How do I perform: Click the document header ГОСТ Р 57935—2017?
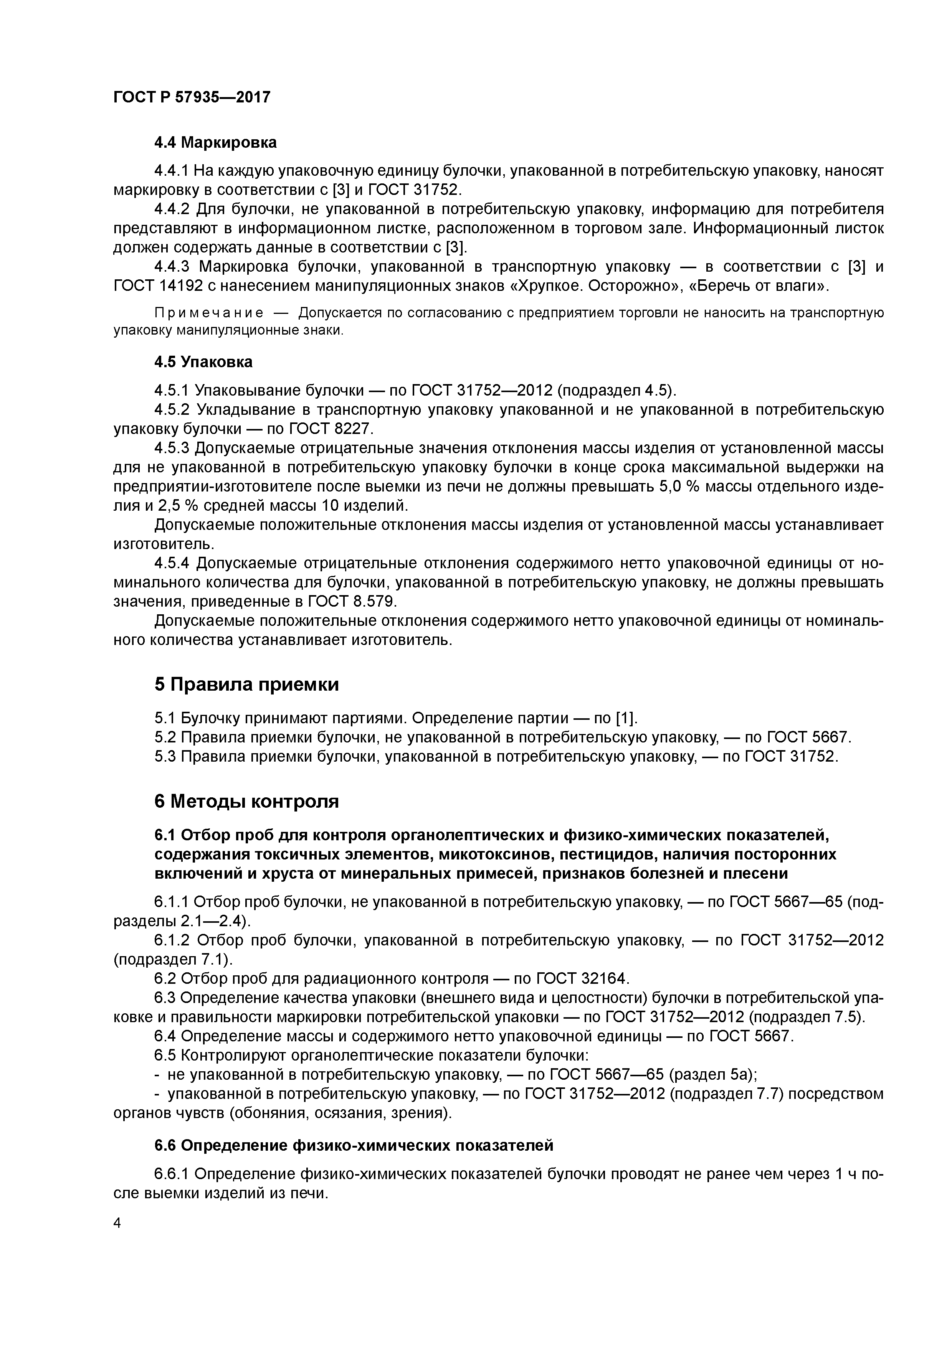coord(192,97)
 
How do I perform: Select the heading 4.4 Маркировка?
coord(215,142)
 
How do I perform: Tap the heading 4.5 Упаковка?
coord(203,362)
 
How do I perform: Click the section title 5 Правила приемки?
coord(246,684)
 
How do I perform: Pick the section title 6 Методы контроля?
coord(246,801)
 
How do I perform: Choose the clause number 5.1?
coord(165,718)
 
